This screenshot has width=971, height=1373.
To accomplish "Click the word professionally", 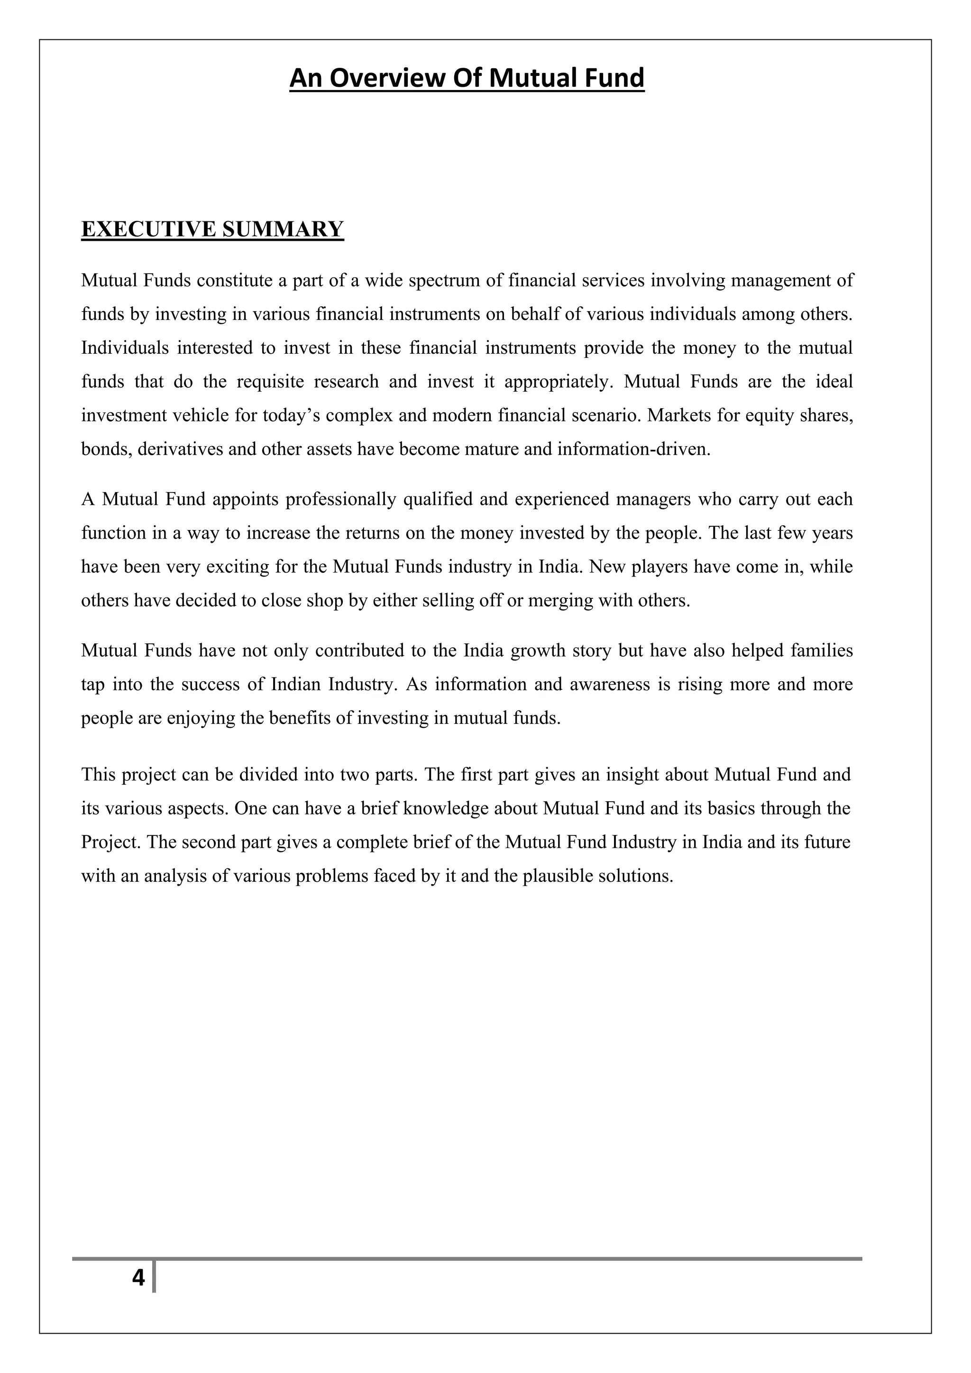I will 341,499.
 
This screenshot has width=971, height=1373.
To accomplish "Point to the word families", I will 822,650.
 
